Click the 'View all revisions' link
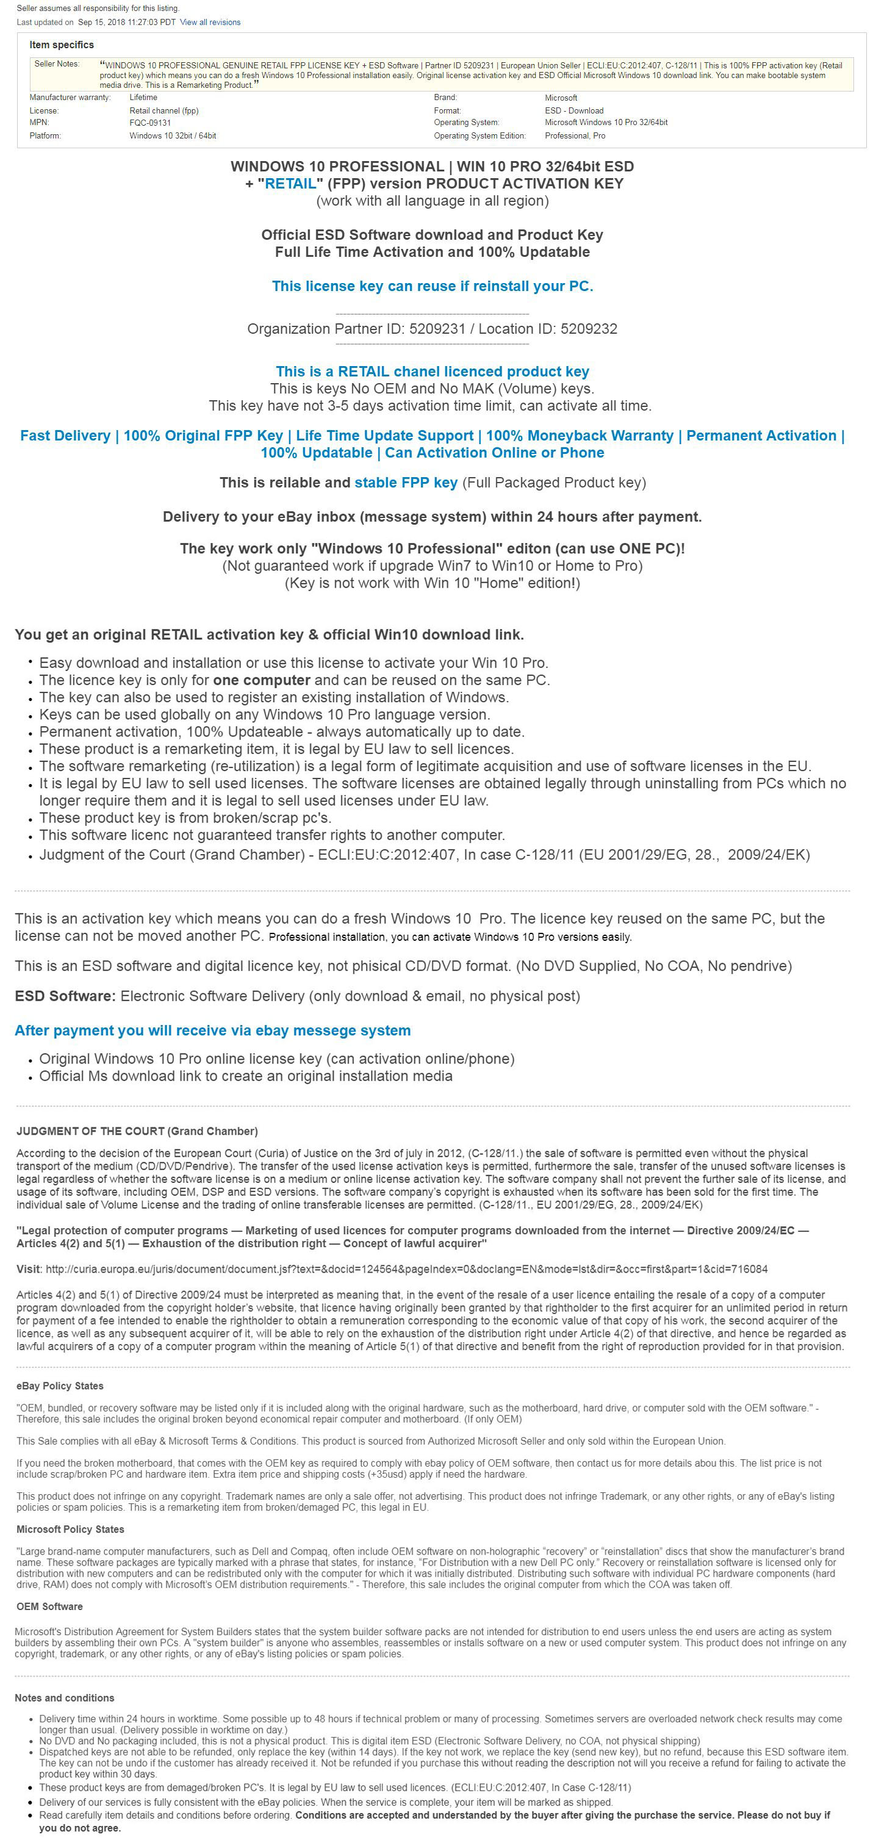tap(210, 22)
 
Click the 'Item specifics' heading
tap(62, 45)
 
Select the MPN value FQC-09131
tap(150, 123)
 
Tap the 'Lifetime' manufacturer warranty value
tap(143, 98)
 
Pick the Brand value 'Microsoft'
tap(561, 98)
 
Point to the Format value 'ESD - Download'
tap(573, 110)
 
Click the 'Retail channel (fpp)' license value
tap(163, 110)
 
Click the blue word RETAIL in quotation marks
tap(290, 184)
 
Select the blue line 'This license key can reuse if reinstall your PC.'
tap(433, 286)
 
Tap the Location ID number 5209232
tap(588, 329)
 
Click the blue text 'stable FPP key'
tap(406, 483)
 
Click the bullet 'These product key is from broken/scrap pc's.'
tap(185, 818)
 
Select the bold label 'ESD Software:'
tap(65, 996)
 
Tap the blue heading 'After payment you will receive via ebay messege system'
tap(213, 1031)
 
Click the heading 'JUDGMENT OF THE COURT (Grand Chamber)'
tap(137, 1131)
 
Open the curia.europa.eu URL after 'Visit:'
tap(406, 1269)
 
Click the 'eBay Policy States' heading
tap(60, 1386)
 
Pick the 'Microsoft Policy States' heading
tap(70, 1530)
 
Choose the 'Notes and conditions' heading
tap(65, 1698)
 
